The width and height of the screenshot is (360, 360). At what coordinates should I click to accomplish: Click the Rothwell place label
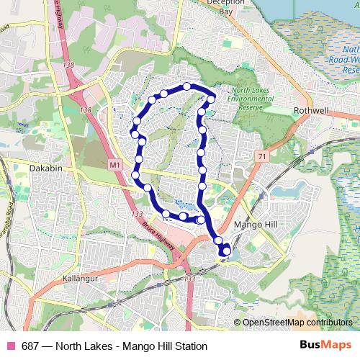point(311,111)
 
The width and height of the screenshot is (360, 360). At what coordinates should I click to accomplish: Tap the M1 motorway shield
point(115,165)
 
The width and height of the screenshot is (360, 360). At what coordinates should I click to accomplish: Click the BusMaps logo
point(327,346)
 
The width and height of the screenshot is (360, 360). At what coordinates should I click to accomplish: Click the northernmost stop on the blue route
point(187,86)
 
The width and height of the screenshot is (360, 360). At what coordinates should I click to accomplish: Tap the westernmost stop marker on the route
point(134,133)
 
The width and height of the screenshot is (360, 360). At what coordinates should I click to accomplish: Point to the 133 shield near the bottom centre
point(190,279)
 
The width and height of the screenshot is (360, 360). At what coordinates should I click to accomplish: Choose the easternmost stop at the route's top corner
point(212,99)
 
